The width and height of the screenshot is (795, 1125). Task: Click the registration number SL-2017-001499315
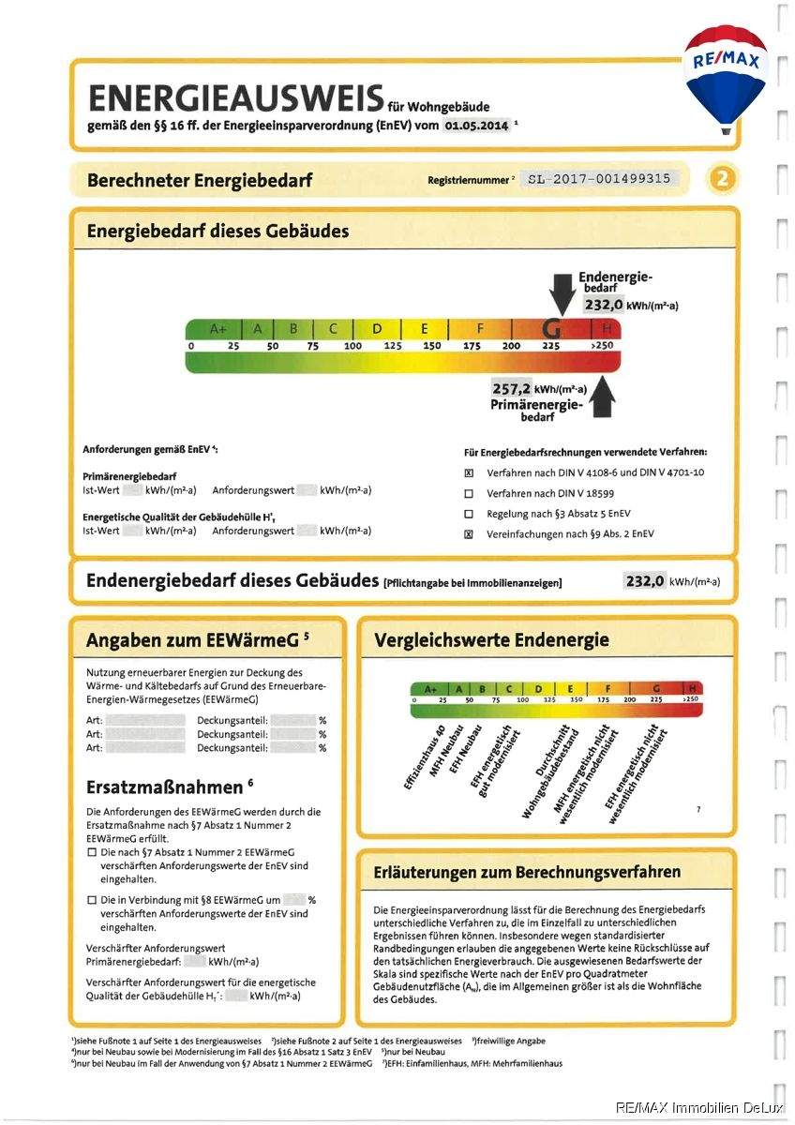(x=599, y=178)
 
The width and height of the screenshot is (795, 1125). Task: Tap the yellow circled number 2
(x=722, y=178)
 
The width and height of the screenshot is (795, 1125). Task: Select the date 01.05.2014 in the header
(x=475, y=124)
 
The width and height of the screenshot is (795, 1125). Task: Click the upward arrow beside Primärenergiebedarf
(x=603, y=398)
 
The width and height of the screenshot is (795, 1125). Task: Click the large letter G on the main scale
(x=552, y=329)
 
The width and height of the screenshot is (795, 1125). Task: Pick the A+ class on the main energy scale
(x=217, y=329)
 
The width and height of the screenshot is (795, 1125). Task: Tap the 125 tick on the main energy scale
(x=392, y=346)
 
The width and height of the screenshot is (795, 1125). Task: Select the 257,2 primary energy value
(x=512, y=388)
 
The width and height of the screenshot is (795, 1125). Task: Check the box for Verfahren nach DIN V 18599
(x=469, y=493)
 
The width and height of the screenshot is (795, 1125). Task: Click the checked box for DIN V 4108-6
(x=469, y=472)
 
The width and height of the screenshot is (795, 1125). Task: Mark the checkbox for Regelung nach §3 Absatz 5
(x=469, y=514)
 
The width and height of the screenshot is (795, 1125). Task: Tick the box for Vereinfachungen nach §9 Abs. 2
(x=469, y=534)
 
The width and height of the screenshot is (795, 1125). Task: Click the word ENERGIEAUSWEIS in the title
(x=234, y=99)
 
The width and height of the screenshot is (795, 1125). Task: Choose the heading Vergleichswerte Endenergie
(x=491, y=641)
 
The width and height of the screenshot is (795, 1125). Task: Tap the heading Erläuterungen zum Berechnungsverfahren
(x=527, y=872)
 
